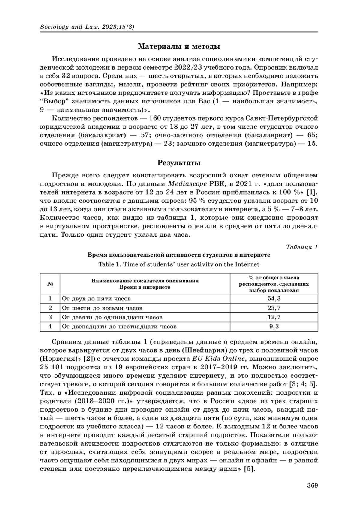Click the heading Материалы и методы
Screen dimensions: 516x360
point(179,46)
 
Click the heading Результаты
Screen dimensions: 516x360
point(179,163)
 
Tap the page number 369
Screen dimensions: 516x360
point(312,485)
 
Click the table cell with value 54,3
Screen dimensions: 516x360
point(274,299)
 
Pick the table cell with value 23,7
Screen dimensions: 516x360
point(274,308)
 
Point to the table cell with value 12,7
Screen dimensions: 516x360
point(274,317)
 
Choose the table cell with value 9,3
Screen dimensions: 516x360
point(274,327)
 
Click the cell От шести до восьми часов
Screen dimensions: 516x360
point(102,308)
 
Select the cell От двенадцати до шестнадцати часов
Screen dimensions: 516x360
point(119,327)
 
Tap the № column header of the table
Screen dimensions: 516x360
point(50,284)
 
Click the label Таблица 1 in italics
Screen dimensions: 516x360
point(302,247)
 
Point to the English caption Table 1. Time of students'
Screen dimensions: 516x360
point(179,264)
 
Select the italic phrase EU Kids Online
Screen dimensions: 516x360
point(218,359)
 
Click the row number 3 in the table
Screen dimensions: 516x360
point(50,317)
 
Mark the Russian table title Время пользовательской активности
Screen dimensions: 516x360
point(179,255)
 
